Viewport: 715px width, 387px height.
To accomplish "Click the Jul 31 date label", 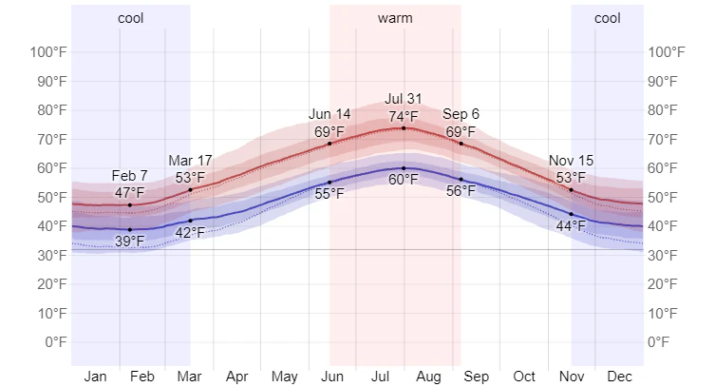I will [x=404, y=99].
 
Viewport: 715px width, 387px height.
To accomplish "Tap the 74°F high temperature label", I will [x=404, y=117].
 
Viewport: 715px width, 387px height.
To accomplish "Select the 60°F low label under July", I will [x=404, y=180].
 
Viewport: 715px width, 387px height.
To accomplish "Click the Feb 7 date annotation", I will [x=130, y=176].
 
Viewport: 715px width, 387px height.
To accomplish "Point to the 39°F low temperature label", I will [x=130, y=241].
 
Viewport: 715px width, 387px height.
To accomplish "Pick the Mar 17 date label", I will [x=190, y=160].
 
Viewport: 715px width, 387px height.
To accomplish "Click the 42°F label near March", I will [x=190, y=232].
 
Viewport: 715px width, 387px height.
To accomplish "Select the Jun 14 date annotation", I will [x=329, y=114].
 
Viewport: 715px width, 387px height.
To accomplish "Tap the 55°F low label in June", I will [x=329, y=194].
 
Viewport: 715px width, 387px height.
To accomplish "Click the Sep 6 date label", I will [x=461, y=114].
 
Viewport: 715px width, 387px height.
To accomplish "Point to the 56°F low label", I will [x=461, y=190].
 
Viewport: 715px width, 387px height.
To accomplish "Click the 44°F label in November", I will [x=571, y=225].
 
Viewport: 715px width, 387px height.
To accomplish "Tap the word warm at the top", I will [x=395, y=18].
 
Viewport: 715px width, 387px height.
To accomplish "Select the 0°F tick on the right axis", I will [x=666, y=342].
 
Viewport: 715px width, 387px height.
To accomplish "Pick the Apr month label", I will [x=237, y=377].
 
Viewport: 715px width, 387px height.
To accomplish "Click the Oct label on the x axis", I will [x=524, y=377].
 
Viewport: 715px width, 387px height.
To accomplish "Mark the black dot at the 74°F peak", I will [x=404, y=128].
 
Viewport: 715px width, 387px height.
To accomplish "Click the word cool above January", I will [x=131, y=18].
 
